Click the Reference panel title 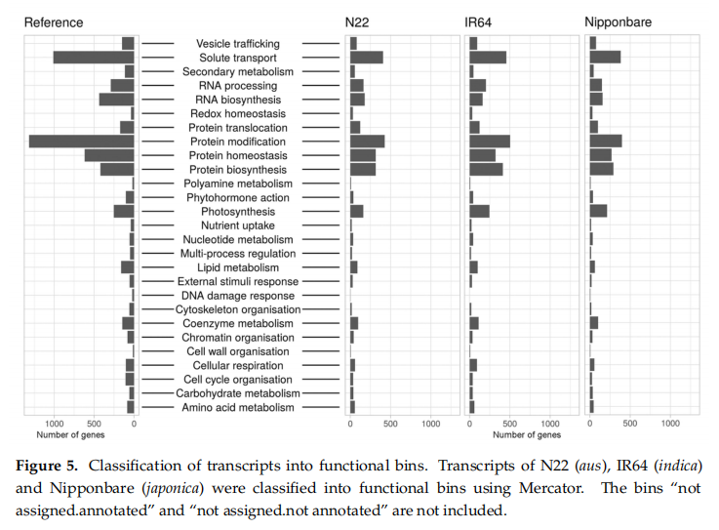tap(54, 21)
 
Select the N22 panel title tap(357, 21)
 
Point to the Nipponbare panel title tap(619, 21)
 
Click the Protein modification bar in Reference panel tap(82, 142)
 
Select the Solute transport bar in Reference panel tap(94, 58)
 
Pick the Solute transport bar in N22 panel tap(366, 58)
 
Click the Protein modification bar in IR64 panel tap(490, 142)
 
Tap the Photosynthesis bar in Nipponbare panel tap(598, 211)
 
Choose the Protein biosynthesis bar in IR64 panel tap(486, 170)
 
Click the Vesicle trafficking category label tap(237, 44)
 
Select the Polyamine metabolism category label tap(237, 183)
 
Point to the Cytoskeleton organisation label tap(237, 309)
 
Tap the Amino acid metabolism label tap(237, 407)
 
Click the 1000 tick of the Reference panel tap(55, 424)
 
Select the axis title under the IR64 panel tap(513, 434)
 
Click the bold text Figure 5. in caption tap(48, 462)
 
